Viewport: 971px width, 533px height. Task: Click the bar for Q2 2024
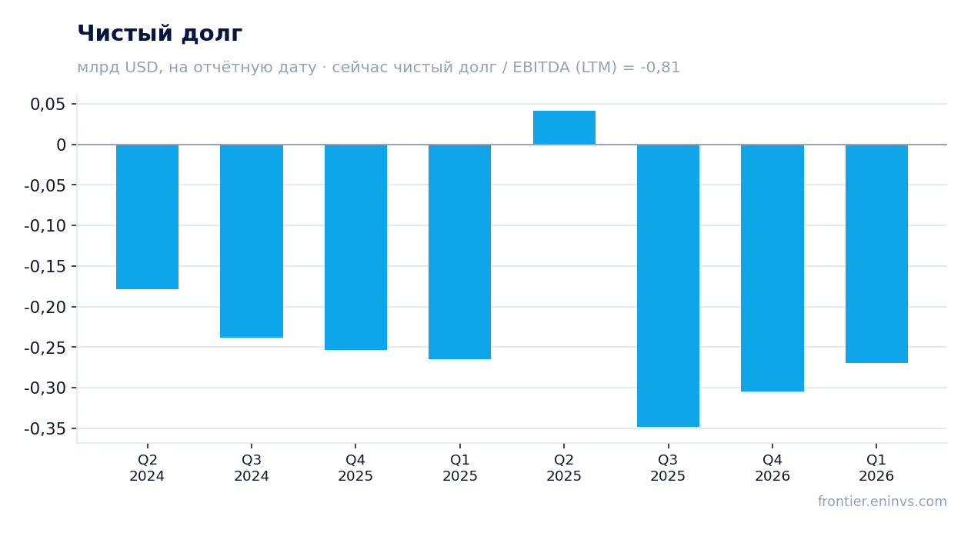(148, 217)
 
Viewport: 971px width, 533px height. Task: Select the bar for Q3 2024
(252, 241)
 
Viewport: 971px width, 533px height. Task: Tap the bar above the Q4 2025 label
(356, 247)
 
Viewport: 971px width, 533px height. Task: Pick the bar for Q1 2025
(460, 252)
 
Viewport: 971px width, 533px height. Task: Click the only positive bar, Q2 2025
(565, 128)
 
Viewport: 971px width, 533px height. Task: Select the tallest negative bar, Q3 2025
(668, 285)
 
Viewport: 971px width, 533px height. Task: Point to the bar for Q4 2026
(772, 268)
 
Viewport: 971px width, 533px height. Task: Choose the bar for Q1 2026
(876, 254)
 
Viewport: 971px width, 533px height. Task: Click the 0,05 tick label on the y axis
(48, 105)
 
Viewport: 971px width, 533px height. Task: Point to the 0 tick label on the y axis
(61, 145)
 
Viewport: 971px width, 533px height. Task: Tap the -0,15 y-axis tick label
(45, 266)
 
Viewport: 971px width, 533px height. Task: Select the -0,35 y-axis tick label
(45, 429)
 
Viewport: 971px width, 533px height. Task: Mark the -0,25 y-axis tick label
(45, 348)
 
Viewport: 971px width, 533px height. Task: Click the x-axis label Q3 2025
(668, 468)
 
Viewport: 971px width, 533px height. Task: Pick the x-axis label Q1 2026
(876, 468)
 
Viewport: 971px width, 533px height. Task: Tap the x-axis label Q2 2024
(148, 468)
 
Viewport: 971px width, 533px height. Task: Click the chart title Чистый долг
(160, 33)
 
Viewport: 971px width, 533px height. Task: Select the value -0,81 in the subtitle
(660, 67)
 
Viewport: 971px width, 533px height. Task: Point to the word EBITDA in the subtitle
(542, 67)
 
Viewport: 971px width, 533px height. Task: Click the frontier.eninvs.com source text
(883, 501)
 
